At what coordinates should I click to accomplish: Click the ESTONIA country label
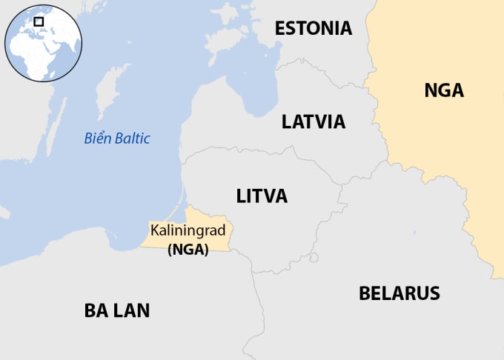click(x=313, y=29)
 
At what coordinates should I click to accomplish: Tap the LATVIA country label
click(x=314, y=121)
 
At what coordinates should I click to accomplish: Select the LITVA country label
click(x=262, y=196)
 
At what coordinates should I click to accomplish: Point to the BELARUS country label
click(x=399, y=293)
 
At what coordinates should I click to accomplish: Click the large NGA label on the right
click(x=443, y=91)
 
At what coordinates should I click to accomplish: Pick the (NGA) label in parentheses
click(x=188, y=250)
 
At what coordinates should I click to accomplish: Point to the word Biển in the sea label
click(x=96, y=139)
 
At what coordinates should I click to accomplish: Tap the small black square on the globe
click(x=39, y=22)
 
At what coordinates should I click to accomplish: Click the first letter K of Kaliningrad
click(x=154, y=231)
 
